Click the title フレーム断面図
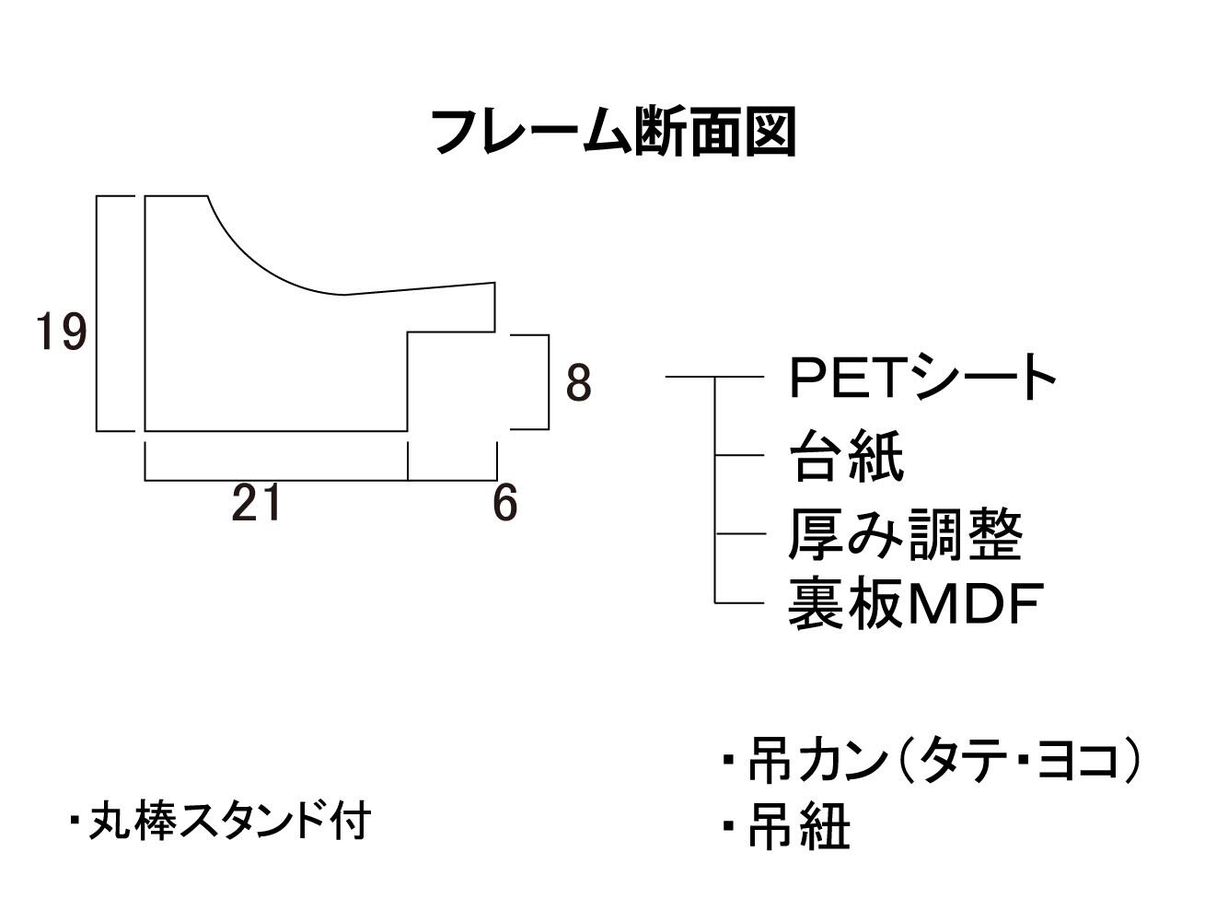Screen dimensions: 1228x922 (614, 132)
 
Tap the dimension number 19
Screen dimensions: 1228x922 (62, 332)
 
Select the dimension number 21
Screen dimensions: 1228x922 (256, 502)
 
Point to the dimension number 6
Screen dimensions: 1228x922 (504, 503)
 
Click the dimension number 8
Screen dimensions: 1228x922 (578, 383)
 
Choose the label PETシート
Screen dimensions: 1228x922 (922, 376)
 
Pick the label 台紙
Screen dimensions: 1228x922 (847, 456)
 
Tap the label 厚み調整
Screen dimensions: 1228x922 (905, 534)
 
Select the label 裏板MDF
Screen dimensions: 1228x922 (916, 603)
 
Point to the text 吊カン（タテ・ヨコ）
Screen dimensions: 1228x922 (932, 760)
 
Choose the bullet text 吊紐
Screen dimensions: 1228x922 (786, 827)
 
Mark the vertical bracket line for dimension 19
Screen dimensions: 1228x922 (97, 313)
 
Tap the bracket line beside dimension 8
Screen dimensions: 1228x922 (549, 382)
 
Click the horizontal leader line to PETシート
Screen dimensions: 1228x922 (714, 377)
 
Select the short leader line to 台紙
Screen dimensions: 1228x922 (739, 455)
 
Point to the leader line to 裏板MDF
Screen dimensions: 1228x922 (739, 603)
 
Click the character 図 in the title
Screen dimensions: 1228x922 (771, 132)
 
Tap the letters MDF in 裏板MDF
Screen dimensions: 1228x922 (976, 604)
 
